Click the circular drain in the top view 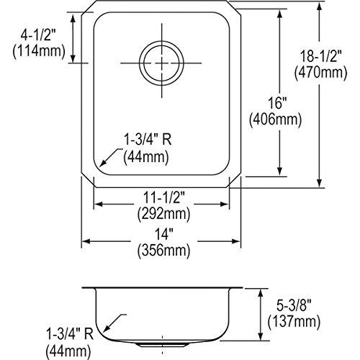pos(159,63)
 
